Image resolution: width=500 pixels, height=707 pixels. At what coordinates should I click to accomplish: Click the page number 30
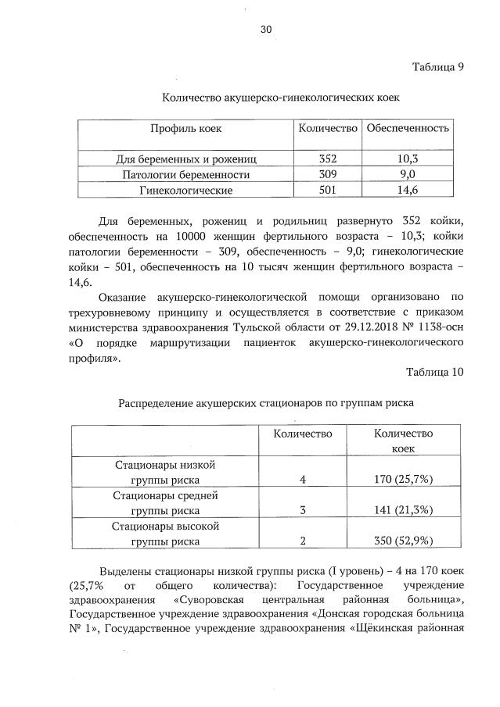click(x=265, y=30)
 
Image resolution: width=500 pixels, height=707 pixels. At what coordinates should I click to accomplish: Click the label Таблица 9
click(x=438, y=66)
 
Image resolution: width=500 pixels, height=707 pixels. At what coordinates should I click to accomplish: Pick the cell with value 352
click(x=328, y=159)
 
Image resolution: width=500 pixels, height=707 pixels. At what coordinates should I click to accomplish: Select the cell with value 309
click(x=328, y=174)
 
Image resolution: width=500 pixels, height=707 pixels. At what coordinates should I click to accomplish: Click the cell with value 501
click(x=328, y=190)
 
